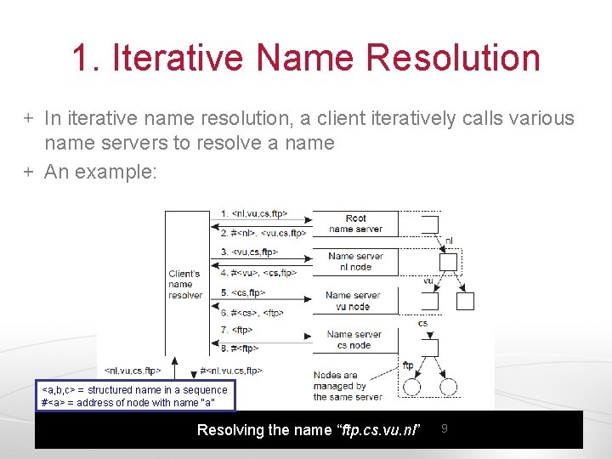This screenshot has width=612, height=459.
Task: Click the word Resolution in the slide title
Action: pyautogui.click(x=452, y=58)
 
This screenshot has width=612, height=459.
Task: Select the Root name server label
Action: pyautogui.click(x=355, y=224)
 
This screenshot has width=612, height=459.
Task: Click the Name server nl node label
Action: pyautogui.click(x=355, y=261)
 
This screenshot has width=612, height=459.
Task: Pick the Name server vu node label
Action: pyautogui.click(x=353, y=300)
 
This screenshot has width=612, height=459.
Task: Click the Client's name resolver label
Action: pyautogui.click(x=185, y=284)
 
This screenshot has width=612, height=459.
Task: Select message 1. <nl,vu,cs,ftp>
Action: pyautogui.click(x=254, y=213)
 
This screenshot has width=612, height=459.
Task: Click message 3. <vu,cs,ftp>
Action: pyautogui.click(x=249, y=252)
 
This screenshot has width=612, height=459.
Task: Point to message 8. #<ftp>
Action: pyautogui.click(x=240, y=348)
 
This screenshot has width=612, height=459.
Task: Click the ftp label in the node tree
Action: pyautogui.click(x=408, y=365)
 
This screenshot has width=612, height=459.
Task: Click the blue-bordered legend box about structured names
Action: pyautogui.click(x=135, y=396)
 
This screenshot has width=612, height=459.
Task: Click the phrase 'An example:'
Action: pyautogui.click(x=100, y=172)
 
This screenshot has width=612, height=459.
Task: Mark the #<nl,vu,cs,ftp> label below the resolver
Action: pyautogui.click(x=231, y=371)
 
